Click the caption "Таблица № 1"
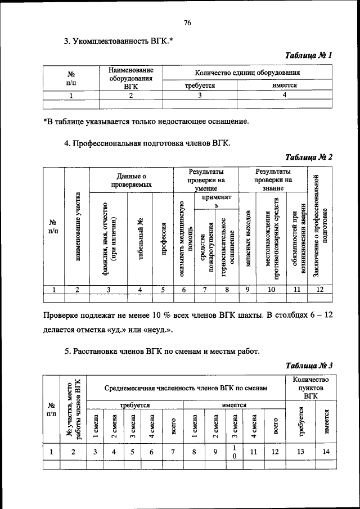[x=309, y=55]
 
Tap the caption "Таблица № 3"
[x=309, y=366]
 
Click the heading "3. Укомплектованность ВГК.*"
[x=118, y=41]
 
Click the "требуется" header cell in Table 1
[x=200, y=85]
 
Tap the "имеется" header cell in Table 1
[x=284, y=85]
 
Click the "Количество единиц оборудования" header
[x=246, y=73]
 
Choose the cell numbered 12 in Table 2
[x=319, y=290]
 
